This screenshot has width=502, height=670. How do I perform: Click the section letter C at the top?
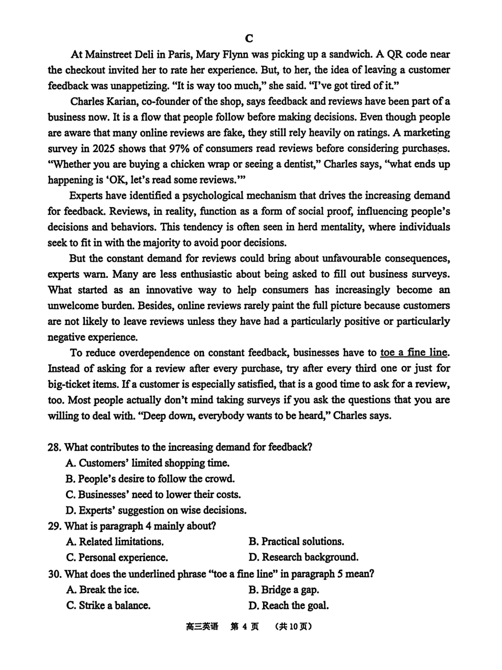click(x=249, y=38)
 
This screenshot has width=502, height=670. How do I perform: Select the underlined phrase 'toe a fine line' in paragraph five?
click(x=414, y=353)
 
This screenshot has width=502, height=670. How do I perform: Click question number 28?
click(x=54, y=448)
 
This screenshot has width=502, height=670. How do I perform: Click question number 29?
click(x=54, y=526)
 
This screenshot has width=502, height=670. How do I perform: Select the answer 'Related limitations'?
click(x=121, y=542)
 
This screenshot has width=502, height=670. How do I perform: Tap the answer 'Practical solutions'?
click(x=303, y=542)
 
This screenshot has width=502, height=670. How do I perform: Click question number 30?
click(x=54, y=574)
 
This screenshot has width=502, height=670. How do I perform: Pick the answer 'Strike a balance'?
click(x=114, y=606)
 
